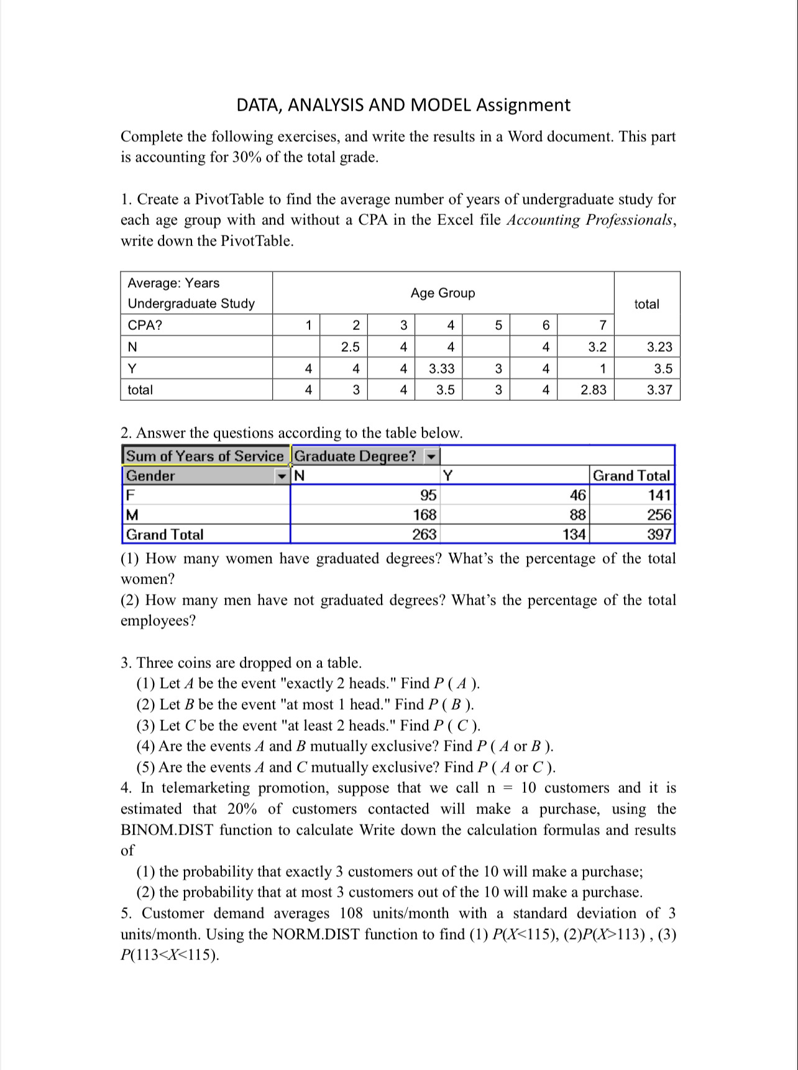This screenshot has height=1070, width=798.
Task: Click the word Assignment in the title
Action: pos(523,104)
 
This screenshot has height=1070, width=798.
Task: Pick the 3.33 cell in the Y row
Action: pos(441,368)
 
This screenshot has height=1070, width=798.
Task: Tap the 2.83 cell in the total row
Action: pos(593,390)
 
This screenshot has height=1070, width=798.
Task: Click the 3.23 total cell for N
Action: pos(659,347)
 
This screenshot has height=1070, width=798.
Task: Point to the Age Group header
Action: pos(443,293)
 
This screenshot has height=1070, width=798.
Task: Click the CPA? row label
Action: pos(145,325)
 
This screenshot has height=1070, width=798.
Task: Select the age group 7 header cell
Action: pos(602,325)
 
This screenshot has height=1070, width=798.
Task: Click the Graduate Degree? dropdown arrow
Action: pos(431,457)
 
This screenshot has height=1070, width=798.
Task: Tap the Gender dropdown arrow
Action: pos(282,476)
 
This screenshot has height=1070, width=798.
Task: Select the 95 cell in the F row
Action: pos(428,495)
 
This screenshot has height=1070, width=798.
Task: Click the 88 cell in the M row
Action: pos(577,514)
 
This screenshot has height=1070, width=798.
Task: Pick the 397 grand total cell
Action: pos(659,534)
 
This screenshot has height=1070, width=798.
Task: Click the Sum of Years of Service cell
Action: pos(204,456)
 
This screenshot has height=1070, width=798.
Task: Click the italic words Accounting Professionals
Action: pos(590,220)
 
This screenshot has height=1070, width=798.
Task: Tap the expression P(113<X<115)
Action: pos(169,956)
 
